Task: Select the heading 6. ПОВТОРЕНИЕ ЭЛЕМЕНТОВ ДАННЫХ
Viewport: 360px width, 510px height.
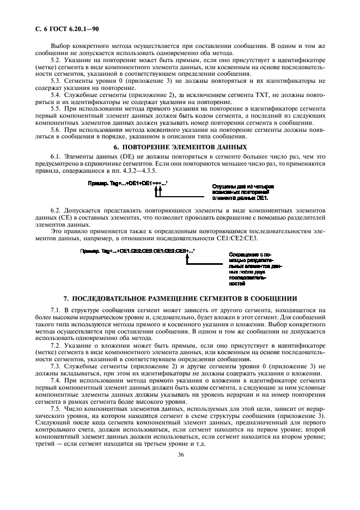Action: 180,148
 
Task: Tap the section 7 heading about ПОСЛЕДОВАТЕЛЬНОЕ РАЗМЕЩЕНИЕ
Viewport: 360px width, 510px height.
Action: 180,299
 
